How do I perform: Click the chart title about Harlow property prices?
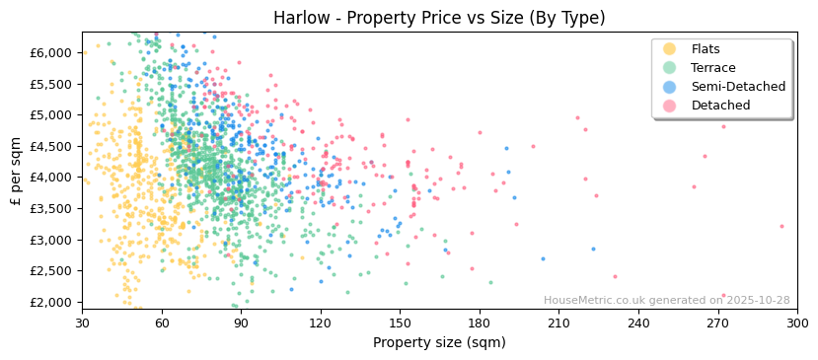[439, 18]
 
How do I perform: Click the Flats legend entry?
[705, 49]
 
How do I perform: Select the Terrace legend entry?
[712, 68]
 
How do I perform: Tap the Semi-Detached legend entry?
[738, 87]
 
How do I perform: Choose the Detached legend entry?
[720, 106]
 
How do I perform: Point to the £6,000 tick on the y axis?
[53, 52]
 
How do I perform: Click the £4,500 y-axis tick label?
[53, 146]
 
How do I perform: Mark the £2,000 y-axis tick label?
[53, 302]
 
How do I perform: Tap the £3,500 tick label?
[53, 208]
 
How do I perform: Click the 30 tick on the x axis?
[82, 323]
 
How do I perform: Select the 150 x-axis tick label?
[400, 323]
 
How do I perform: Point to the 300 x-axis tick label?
[797, 323]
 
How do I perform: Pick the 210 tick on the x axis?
[558, 323]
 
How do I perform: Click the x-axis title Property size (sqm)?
[439, 342]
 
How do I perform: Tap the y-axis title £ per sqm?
[17, 171]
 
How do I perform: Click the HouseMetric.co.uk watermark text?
[666, 301]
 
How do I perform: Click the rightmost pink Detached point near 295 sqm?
[781, 226]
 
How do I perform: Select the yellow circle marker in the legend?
[669, 49]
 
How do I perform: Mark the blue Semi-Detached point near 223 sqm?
[593, 249]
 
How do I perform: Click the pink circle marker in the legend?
[669, 106]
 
